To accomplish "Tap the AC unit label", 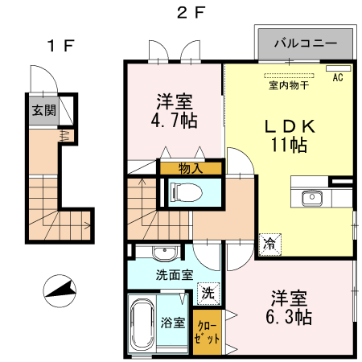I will point(337,77).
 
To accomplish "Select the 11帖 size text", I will point(287,146).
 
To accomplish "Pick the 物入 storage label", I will point(190,168).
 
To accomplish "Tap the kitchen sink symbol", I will point(311,197).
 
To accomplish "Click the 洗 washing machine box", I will point(208,294).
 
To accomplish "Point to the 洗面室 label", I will point(174,274).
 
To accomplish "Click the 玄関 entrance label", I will point(43,110).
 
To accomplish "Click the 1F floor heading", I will point(60,46).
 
